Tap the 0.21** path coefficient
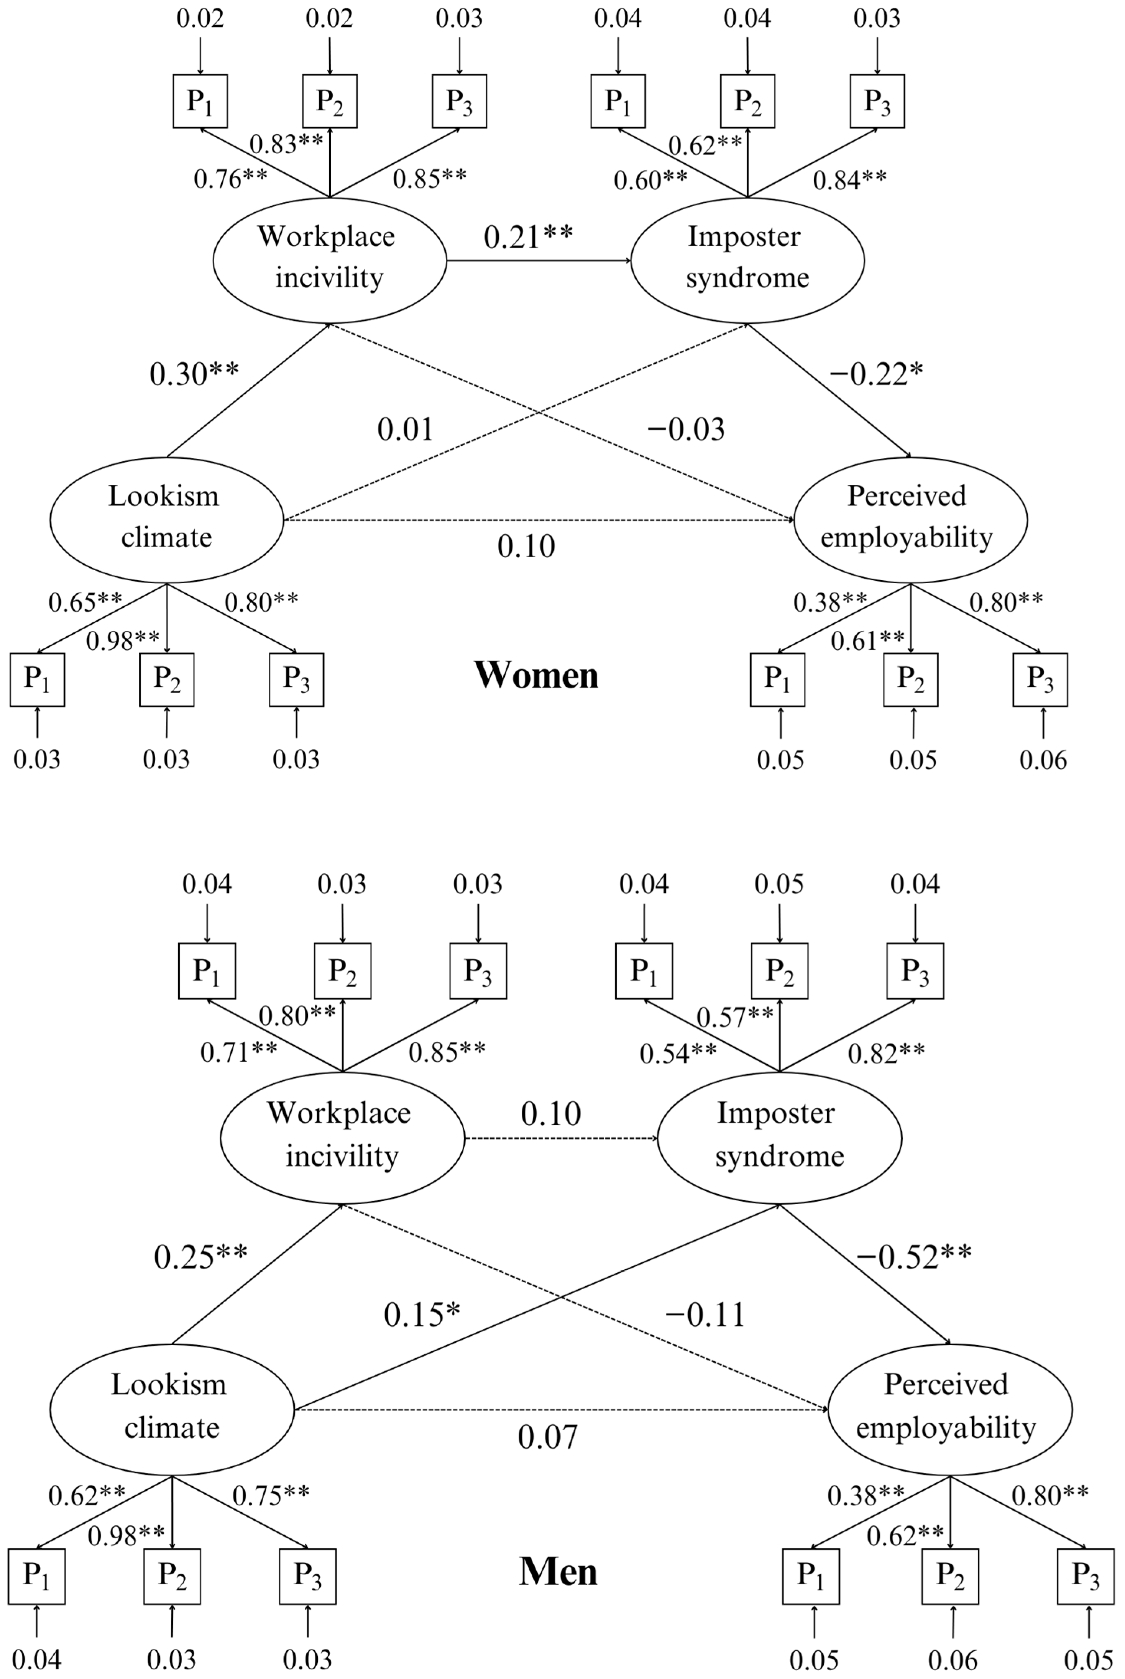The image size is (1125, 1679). [x=528, y=237]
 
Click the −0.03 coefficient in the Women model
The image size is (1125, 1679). [x=686, y=429]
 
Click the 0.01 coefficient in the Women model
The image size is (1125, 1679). [x=406, y=429]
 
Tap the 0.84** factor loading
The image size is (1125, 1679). [x=849, y=179]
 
